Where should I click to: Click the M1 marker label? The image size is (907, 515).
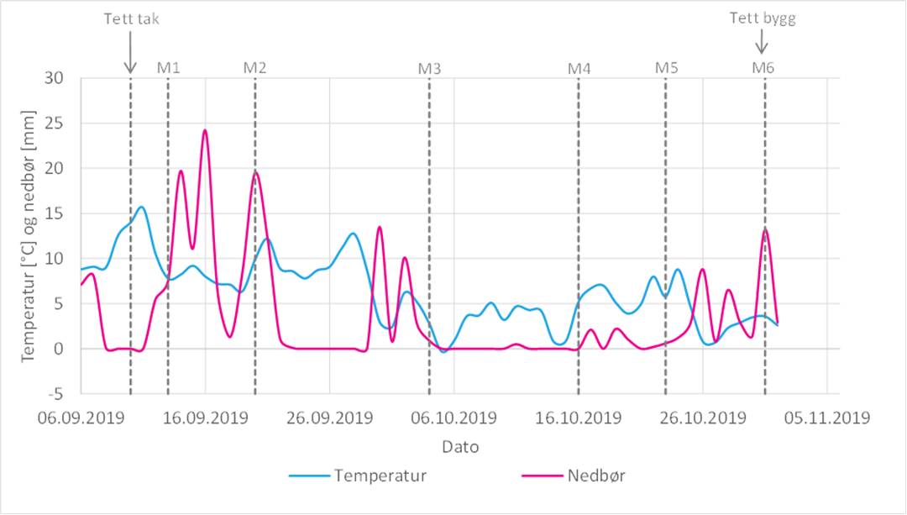point(169,67)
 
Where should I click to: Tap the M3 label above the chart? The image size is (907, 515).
point(429,67)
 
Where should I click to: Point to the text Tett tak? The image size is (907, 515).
point(130,18)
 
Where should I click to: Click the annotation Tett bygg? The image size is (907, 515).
point(762,18)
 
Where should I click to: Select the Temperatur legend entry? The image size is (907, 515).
point(380,476)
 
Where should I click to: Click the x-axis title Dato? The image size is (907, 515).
point(461,447)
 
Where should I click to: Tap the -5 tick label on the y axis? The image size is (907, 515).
point(59,394)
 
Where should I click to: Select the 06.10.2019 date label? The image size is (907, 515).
point(453,418)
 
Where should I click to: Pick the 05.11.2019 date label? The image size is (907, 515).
point(827,418)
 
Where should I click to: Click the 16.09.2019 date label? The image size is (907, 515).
point(205,418)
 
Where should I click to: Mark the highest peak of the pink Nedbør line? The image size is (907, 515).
point(205,130)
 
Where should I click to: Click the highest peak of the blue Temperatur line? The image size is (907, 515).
point(142,207)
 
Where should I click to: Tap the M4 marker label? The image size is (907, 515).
point(579,67)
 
